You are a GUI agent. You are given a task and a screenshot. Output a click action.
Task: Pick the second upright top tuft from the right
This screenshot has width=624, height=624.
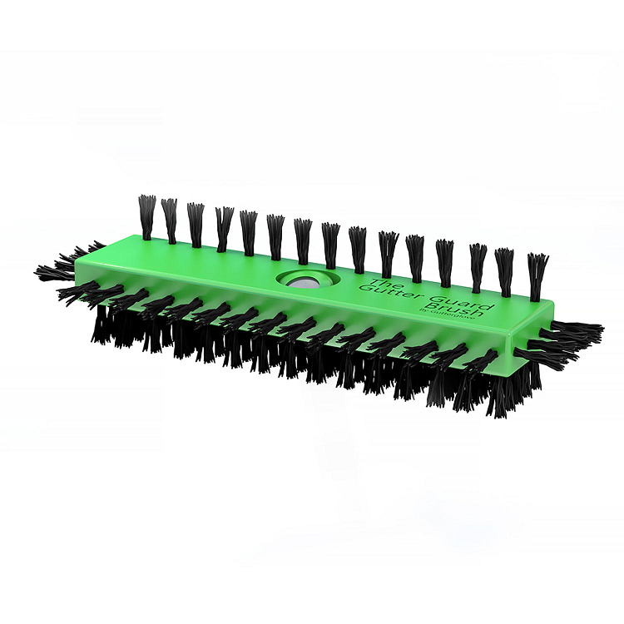504,271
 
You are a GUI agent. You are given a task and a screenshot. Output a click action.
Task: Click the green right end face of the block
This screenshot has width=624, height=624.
532,334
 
